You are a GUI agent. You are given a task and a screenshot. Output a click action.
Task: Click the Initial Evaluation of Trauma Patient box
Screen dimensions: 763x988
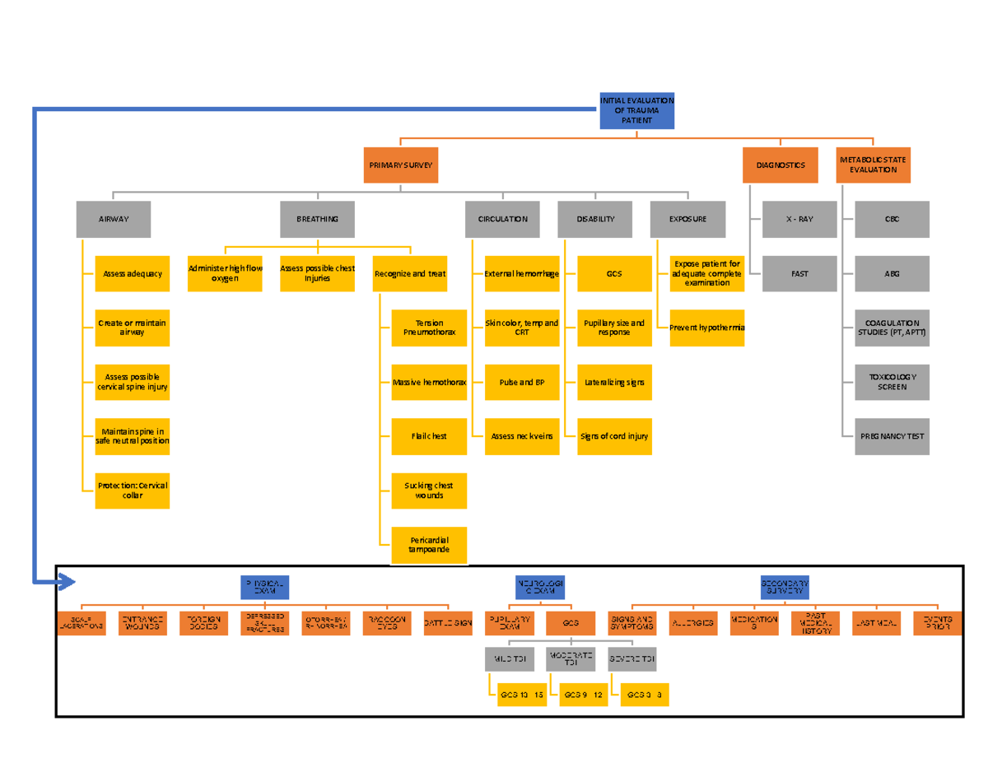pos(636,111)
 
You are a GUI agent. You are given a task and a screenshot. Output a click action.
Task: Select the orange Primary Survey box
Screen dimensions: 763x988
pos(400,165)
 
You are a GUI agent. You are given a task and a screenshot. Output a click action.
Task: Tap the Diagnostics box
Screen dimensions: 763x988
pos(780,165)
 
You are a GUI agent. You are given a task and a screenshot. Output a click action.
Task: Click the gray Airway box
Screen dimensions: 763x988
pos(113,220)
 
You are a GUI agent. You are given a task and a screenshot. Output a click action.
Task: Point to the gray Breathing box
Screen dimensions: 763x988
pos(317,220)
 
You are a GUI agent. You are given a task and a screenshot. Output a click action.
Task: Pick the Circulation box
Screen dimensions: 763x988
pos(502,220)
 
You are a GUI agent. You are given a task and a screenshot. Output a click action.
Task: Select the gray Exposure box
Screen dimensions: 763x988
pos(687,220)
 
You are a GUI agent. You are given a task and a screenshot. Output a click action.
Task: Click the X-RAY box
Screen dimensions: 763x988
pos(799,220)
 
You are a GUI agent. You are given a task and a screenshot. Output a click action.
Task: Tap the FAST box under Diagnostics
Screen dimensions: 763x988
pos(799,274)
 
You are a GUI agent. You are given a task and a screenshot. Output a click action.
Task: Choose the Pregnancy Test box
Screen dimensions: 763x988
pos(892,436)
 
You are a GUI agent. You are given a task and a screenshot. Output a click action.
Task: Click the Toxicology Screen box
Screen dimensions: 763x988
pos(892,382)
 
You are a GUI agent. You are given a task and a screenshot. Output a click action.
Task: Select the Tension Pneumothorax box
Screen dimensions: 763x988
pos(429,328)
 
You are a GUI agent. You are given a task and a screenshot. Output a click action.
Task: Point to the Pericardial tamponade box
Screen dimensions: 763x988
pos(429,545)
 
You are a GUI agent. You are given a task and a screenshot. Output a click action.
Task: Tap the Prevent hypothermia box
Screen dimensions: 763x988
pos(706,328)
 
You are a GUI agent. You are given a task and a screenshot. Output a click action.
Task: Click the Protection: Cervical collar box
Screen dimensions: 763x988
pos(132,491)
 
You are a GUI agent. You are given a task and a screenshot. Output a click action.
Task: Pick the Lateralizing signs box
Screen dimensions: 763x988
pos(614,382)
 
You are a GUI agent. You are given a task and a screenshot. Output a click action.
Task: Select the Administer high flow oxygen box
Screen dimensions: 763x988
pos(225,273)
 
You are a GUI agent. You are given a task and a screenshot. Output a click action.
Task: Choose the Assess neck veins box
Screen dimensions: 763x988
pos(521,436)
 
